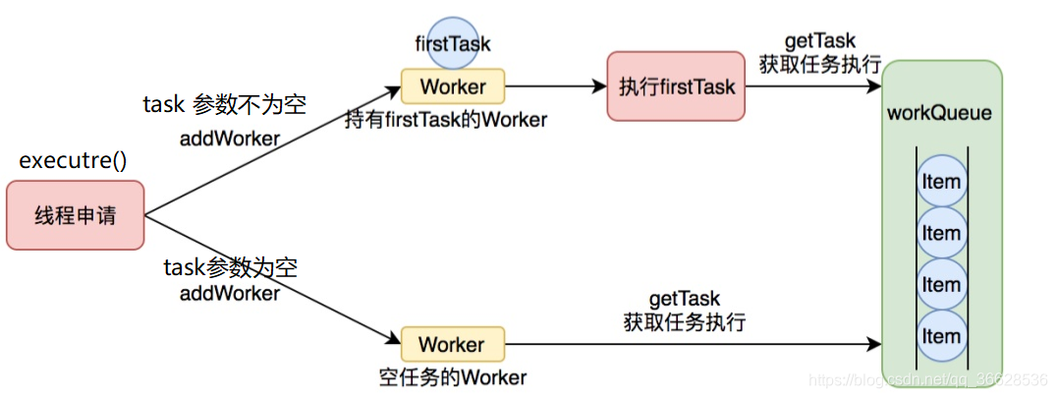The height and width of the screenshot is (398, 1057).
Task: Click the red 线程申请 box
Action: pyautogui.click(x=75, y=214)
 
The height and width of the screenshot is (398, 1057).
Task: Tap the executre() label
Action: pyautogui.click(x=73, y=161)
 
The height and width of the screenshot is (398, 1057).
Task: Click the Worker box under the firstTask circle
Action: pyautogui.click(x=453, y=86)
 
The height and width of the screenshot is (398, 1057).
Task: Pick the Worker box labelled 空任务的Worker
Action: pyautogui.click(x=453, y=345)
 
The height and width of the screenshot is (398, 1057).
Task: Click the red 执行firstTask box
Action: pyautogui.click(x=676, y=86)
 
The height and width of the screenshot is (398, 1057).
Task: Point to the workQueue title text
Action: pyautogui.click(x=939, y=113)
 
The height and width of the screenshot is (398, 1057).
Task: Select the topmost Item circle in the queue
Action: pyautogui.click(x=940, y=183)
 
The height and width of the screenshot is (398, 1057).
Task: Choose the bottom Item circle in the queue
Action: pyautogui.click(x=940, y=336)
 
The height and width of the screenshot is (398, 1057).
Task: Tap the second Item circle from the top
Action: pyautogui.click(x=940, y=234)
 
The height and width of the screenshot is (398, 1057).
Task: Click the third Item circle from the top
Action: pyautogui.click(x=940, y=285)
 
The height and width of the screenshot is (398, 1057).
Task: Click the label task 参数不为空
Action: pyautogui.click(x=224, y=105)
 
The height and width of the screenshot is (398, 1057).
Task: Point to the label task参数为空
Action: pyautogui.click(x=230, y=267)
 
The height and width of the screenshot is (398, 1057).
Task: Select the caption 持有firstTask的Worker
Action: pyautogui.click(x=445, y=120)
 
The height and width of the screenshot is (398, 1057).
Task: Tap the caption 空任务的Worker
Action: pyautogui.click(x=453, y=377)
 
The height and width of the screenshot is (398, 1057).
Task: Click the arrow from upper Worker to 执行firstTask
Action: pyautogui.click(x=555, y=86)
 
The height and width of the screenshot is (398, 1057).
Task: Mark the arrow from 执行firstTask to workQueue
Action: pyautogui.click(x=813, y=86)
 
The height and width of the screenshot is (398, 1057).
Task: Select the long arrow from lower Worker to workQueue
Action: pyautogui.click(x=688, y=345)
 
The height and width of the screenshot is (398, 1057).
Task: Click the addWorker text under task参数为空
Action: pyautogui.click(x=230, y=293)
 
